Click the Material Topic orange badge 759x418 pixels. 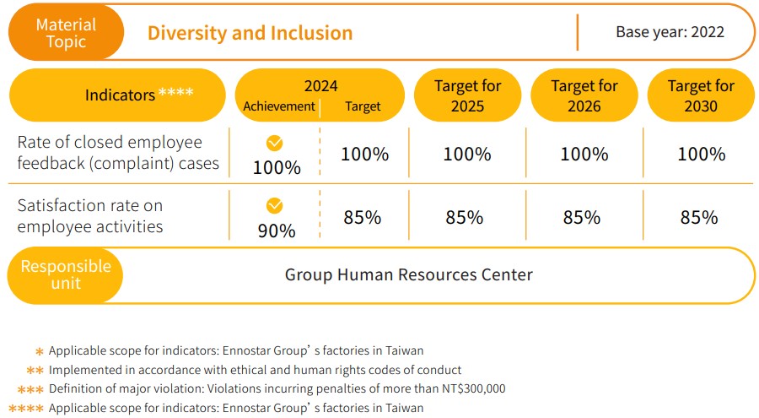(66, 33)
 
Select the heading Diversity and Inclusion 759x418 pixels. (250, 34)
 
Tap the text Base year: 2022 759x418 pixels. (670, 33)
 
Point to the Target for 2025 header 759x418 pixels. (467, 95)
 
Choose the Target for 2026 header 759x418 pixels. (584, 95)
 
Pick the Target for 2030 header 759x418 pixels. (701, 95)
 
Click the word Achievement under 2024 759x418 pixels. (278, 106)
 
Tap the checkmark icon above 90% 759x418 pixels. (274, 205)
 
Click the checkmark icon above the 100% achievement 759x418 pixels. (275, 143)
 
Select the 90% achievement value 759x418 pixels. (276, 231)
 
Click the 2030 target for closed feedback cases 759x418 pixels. (701, 155)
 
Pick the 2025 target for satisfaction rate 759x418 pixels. (464, 218)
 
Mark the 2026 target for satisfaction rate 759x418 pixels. (581, 218)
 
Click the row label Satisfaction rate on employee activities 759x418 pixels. (90, 216)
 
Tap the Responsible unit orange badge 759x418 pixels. (66, 274)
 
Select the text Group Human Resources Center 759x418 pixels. (408, 274)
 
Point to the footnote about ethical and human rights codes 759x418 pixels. (255, 370)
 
